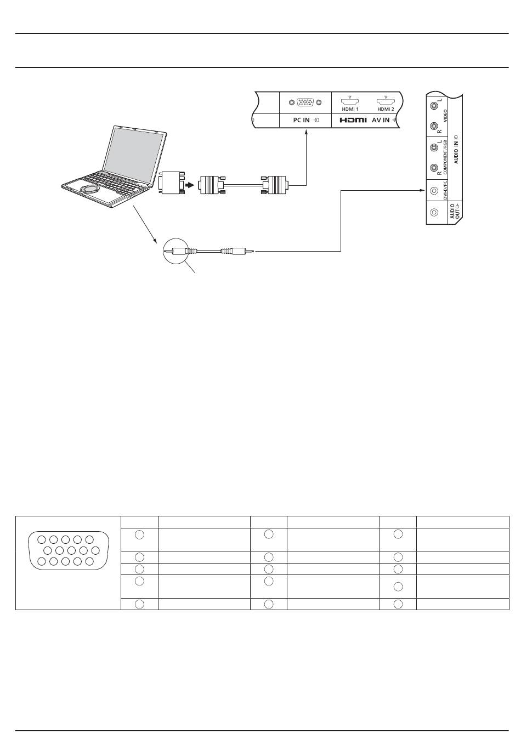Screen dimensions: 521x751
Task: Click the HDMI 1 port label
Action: point(350,109)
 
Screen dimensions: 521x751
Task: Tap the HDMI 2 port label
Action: point(386,109)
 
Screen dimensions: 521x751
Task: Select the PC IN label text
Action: point(301,120)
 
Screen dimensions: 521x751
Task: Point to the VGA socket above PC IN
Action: point(305,102)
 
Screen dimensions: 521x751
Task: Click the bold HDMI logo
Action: point(353,120)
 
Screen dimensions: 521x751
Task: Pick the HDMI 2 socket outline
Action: point(386,101)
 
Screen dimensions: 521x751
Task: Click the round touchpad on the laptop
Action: point(89,189)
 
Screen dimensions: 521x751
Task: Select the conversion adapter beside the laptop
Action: point(172,183)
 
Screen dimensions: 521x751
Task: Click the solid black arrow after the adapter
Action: point(190,185)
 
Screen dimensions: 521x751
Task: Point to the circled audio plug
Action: point(179,251)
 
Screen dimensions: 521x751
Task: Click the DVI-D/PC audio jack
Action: point(434,190)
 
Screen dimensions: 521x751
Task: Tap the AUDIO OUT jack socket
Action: point(434,212)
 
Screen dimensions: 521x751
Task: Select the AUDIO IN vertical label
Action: point(456,149)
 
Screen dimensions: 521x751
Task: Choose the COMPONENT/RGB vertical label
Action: point(445,157)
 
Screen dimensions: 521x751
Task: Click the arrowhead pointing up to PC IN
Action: point(306,133)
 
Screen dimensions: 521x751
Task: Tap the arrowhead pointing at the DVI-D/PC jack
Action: point(423,190)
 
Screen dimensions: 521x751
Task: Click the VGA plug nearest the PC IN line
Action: point(274,185)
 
